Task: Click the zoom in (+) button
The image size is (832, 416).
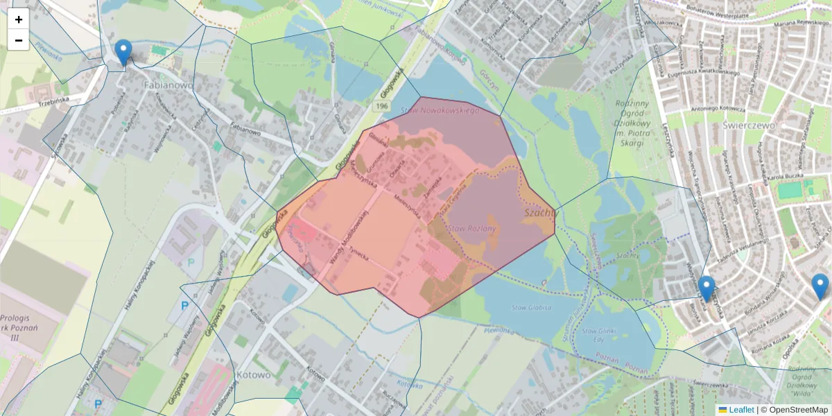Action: point(19,19)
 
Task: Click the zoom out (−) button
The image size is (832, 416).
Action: point(19,40)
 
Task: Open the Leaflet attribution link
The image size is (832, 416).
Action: point(741,410)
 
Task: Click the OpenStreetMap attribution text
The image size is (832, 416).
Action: point(797,410)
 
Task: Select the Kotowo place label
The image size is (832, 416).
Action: point(252,374)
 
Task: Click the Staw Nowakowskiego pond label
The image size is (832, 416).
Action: point(440,111)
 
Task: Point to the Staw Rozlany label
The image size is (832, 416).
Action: point(472,228)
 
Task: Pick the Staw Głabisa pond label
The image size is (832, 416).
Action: point(532,306)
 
